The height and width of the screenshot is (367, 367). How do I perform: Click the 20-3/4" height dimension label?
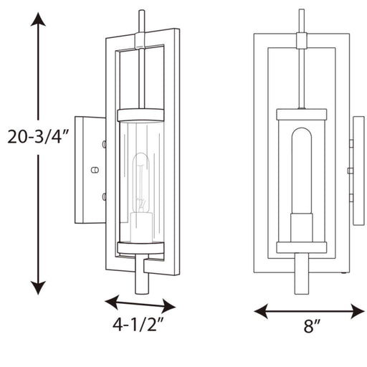[x=38, y=138]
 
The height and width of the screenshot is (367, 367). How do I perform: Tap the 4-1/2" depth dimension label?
[x=138, y=325]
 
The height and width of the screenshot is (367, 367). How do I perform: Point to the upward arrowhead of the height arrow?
[x=38, y=19]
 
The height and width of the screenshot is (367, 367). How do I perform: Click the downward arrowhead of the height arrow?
[x=38, y=287]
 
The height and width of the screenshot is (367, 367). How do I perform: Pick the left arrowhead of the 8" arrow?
[x=260, y=311]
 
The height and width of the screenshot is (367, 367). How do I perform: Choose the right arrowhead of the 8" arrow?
[x=358, y=311]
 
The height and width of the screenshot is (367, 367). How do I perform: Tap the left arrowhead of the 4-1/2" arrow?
[x=112, y=302]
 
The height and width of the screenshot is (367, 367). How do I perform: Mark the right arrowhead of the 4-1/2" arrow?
[x=168, y=306]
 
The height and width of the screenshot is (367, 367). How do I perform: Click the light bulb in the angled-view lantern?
[x=141, y=183]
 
